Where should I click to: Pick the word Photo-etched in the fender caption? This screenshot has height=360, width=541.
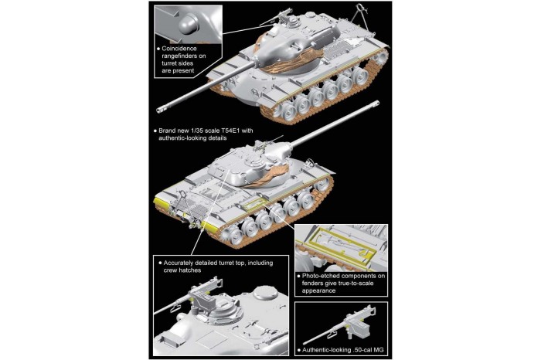click(x=328, y=276)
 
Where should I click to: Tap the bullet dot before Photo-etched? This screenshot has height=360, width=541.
click(x=300, y=276)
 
